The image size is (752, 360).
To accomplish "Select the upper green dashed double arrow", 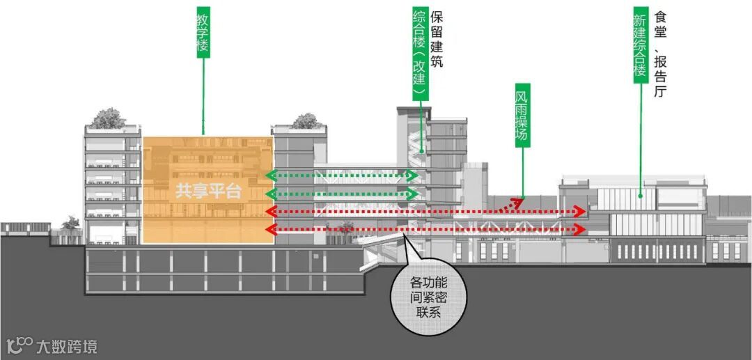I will pyautogui.click(x=341, y=175).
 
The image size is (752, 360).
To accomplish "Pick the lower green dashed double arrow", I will pyautogui.click(x=341, y=193).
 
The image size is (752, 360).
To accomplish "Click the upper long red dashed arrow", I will pyautogui.click(x=425, y=210).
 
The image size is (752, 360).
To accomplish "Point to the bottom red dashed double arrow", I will pyautogui.click(x=425, y=228).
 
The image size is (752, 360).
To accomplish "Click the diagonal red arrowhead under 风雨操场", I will pyautogui.click(x=517, y=200).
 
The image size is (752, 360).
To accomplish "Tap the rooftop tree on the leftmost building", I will pyautogui.click(x=109, y=118).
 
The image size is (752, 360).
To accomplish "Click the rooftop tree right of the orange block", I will pyautogui.click(x=306, y=122).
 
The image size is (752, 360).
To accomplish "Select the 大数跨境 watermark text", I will pyautogui.click(x=66, y=345).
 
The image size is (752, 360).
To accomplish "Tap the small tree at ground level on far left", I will pyautogui.click(x=70, y=224).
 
